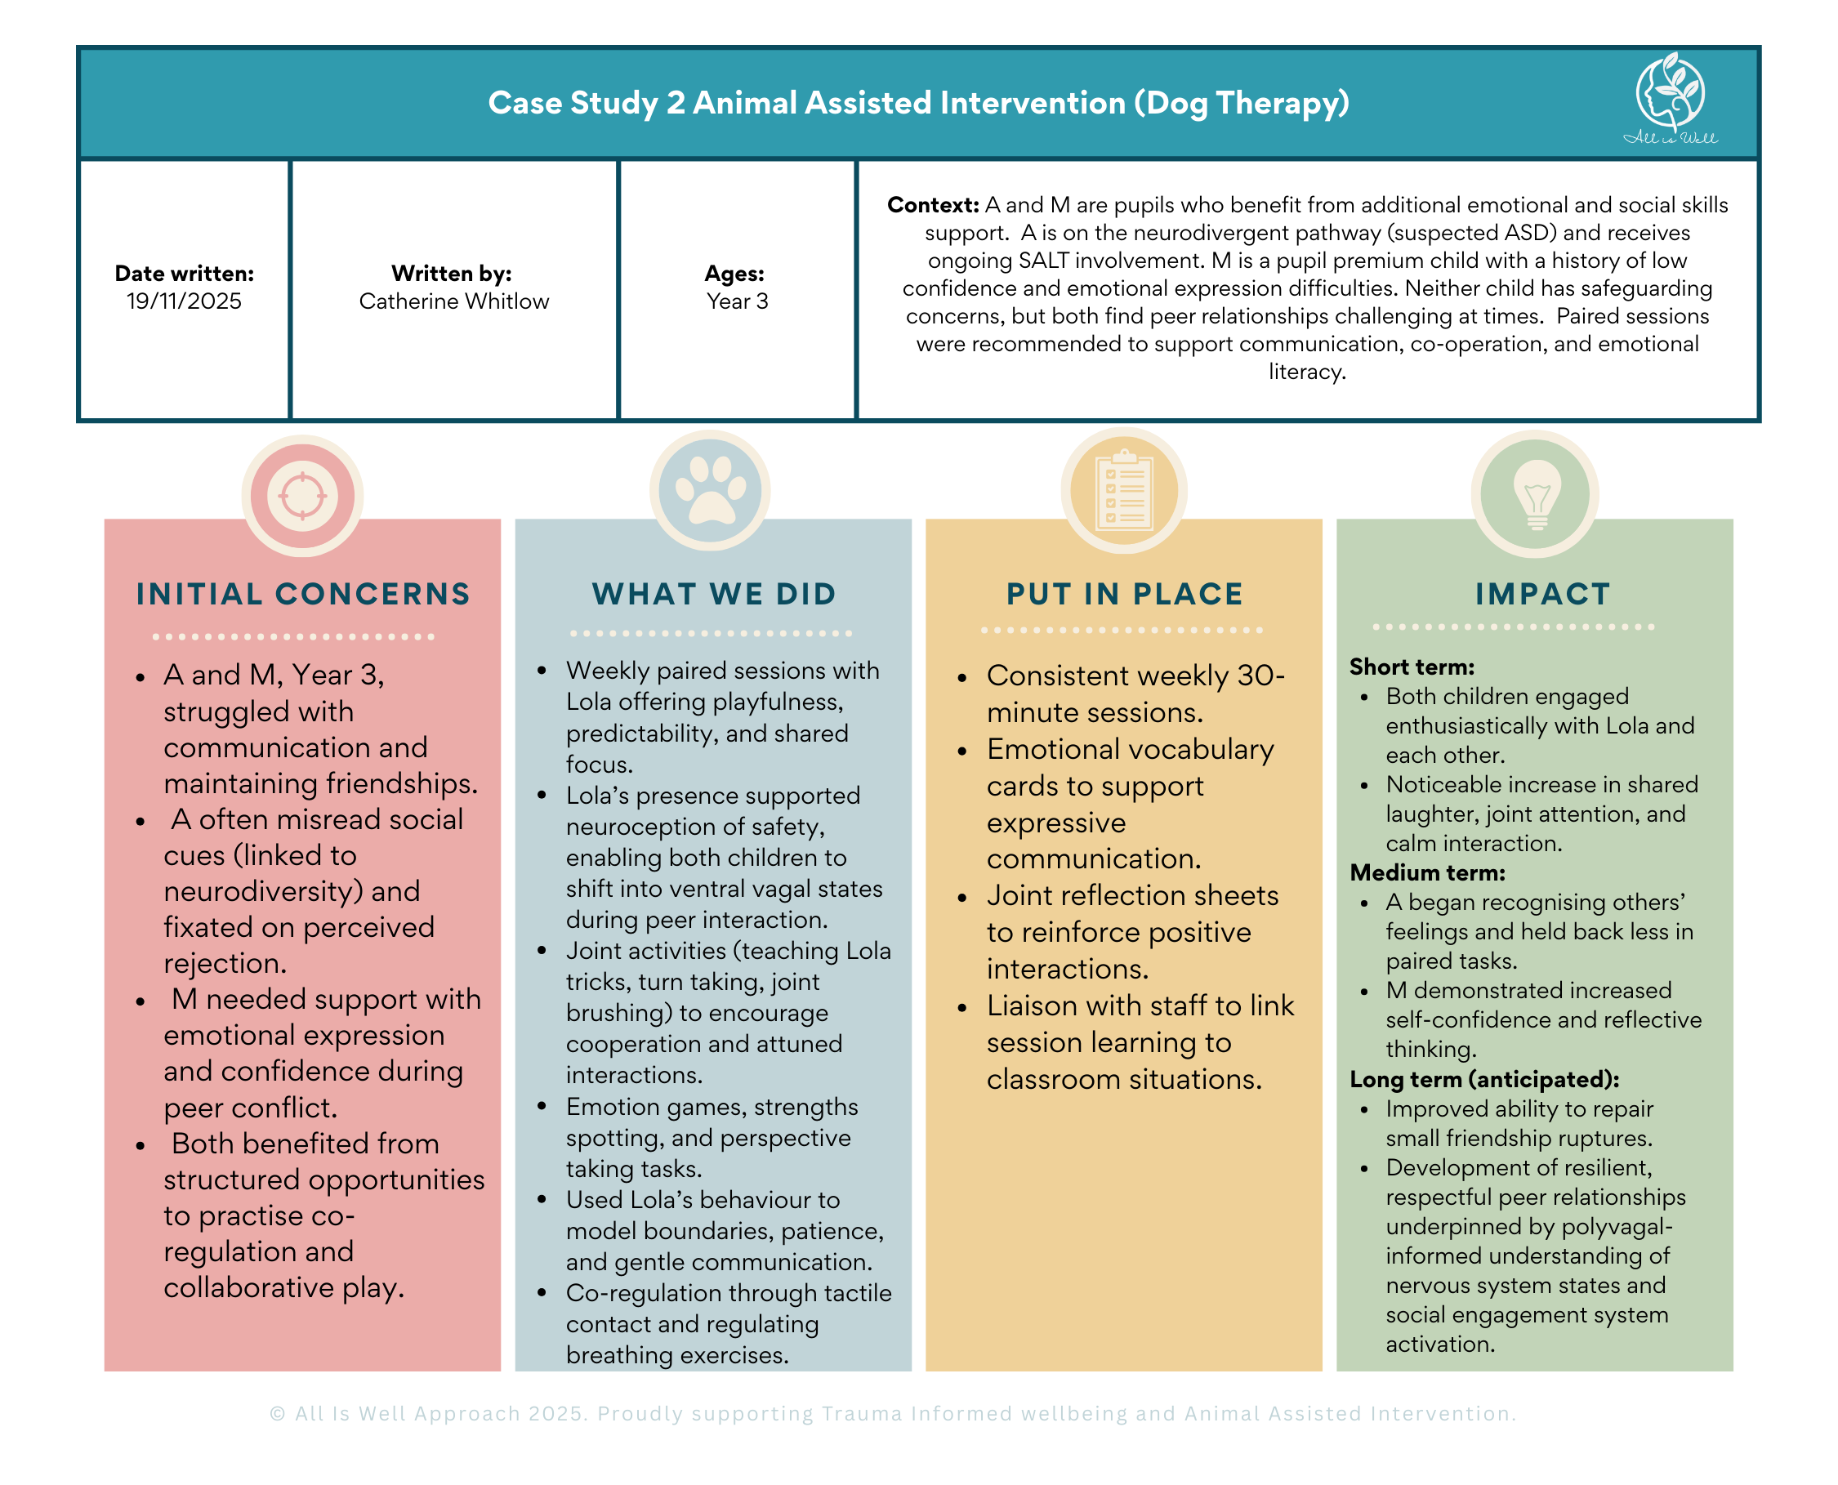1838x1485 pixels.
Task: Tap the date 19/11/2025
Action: pos(184,301)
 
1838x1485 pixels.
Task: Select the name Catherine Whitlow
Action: pos(453,301)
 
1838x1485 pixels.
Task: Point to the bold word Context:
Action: pos(932,205)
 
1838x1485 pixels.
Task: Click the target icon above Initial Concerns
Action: pos(302,495)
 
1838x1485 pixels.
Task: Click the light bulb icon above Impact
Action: pos(1535,493)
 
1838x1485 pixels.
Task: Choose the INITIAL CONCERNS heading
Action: pos(303,594)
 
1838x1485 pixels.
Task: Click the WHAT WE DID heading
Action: pos(713,594)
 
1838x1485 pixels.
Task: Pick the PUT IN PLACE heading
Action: pos(1124,594)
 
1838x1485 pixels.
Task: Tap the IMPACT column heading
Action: pos(1542,594)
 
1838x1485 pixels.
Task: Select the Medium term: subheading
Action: pos(1426,872)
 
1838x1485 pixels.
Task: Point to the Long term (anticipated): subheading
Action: pos(1484,1080)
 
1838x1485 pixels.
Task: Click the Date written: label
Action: pos(184,274)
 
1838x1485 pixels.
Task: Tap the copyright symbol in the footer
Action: pos(277,1414)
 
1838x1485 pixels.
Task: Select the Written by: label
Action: pos(452,274)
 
